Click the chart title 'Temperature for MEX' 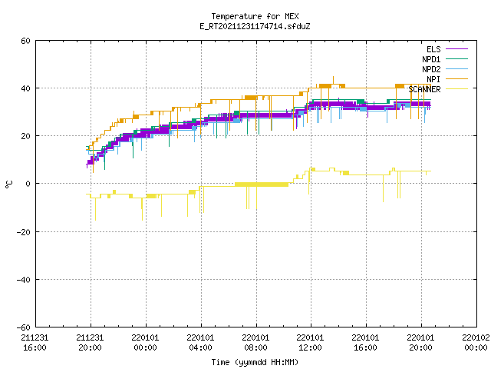[255, 16]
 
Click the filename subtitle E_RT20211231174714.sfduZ [255, 26]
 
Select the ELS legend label [433, 49]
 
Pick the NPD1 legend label [431, 59]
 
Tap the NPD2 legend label [431, 69]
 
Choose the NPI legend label [433, 79]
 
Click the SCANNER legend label [424, 89]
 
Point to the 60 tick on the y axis [25, 41]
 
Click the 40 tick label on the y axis [25, 88]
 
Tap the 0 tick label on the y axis [28, 184]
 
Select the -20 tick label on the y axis [24, 232]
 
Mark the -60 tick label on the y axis [24, 327]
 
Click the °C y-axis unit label [8, 184]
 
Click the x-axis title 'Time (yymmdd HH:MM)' [255, 362]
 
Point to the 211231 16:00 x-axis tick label [35, 343]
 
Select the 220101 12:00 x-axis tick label [310, 343]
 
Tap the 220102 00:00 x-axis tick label [476, 343]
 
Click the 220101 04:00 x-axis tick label [200, 343]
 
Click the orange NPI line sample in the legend [456, 78]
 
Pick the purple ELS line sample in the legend [456, 48]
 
